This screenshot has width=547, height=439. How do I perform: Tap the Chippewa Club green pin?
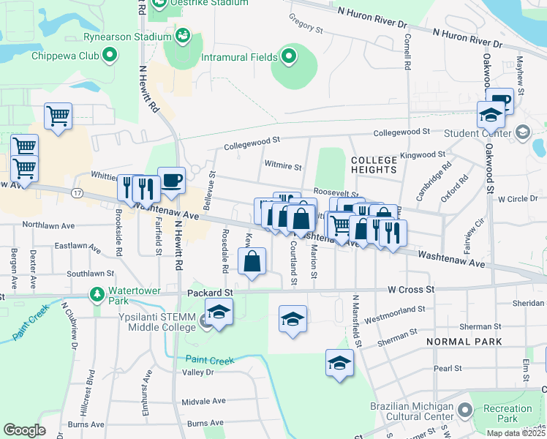(110, 54)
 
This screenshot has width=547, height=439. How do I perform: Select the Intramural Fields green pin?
(289, 56)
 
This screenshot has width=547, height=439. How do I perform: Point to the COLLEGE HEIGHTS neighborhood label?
(374, 165)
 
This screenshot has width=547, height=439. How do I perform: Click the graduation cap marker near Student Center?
(491, 115)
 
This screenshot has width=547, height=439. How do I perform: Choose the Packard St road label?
(210, 292)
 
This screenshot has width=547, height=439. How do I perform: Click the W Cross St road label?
(411, 290)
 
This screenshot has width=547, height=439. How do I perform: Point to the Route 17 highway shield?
(77, 192)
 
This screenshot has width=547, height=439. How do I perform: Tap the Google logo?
(24, 429)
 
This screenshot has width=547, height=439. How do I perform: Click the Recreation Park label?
(502, 413)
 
